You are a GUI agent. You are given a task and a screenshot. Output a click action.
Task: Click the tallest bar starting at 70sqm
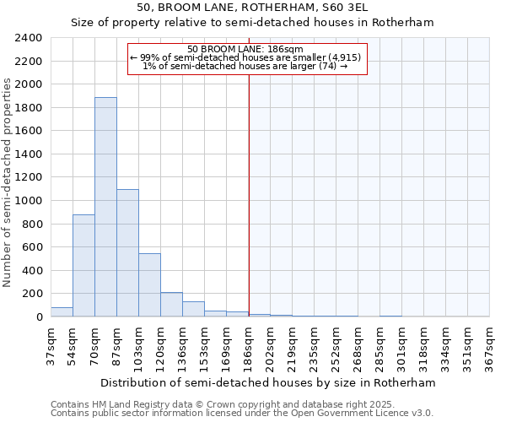click(105, 207)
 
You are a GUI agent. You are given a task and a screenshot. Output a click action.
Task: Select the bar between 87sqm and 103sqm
click(127, 253)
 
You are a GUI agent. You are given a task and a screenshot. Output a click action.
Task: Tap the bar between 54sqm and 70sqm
click(83, 266)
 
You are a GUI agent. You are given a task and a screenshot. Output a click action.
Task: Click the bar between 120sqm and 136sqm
click(171, 305)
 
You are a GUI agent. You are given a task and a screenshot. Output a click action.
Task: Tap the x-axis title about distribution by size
click(270, 382)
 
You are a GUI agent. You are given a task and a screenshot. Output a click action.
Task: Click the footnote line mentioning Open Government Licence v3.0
click(242, 413)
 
